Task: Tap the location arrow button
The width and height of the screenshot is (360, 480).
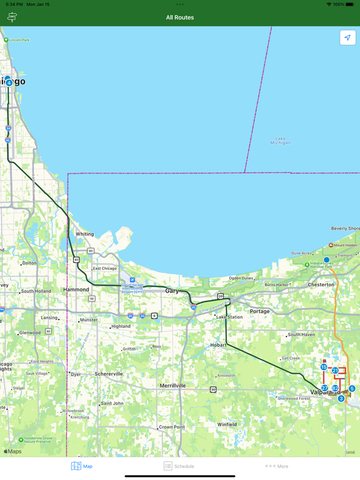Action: (x=348, y=38)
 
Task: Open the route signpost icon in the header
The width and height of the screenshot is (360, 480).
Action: (x=12, y=17)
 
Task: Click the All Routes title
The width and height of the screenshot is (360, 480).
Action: (x=180, y=17)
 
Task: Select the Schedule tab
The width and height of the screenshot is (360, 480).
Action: (x=179, y=466)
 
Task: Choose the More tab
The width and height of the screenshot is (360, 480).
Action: (x=277, y=466)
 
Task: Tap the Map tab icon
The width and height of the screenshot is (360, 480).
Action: (x=76, y=466)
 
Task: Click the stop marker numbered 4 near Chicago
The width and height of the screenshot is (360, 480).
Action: (x=9, y=83)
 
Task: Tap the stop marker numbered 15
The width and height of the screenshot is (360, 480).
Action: (x=323, y=367)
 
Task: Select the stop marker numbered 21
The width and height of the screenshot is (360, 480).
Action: (x=335, y=371)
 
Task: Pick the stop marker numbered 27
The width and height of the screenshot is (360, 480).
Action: (x=325, y=388)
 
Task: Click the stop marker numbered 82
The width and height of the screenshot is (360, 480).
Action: (x=335, y=389)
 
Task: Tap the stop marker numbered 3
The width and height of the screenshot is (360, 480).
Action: (x=341, y=398)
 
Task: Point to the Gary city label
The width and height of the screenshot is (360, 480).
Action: (x=172, y=291)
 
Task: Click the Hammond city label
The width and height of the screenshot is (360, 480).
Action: (x=76, y=290)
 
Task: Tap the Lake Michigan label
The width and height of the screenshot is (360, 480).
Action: (x=280, y=140)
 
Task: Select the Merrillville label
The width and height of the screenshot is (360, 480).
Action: (x=173, y=385)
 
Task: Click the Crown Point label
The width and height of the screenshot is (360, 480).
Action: (x=172, y=427)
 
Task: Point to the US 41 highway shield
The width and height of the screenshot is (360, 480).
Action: (x=76, y=260)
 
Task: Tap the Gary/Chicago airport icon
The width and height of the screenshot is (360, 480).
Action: (x=132, y=280)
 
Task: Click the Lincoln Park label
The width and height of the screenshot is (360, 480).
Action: (x=19, y=40)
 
